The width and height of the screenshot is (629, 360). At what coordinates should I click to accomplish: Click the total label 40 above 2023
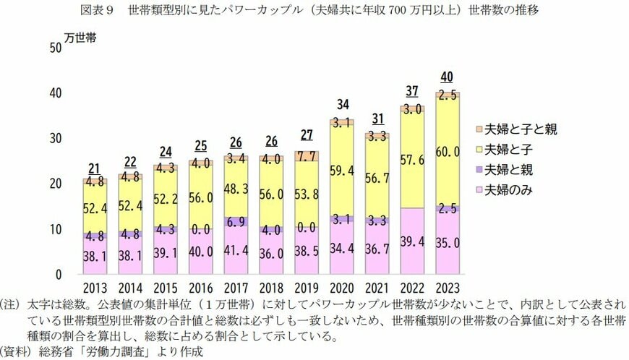coord(448,77)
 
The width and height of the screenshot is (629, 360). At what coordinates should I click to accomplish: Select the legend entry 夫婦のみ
coord(512,191)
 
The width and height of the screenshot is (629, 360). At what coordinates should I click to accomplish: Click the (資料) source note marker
coord(14,352)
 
